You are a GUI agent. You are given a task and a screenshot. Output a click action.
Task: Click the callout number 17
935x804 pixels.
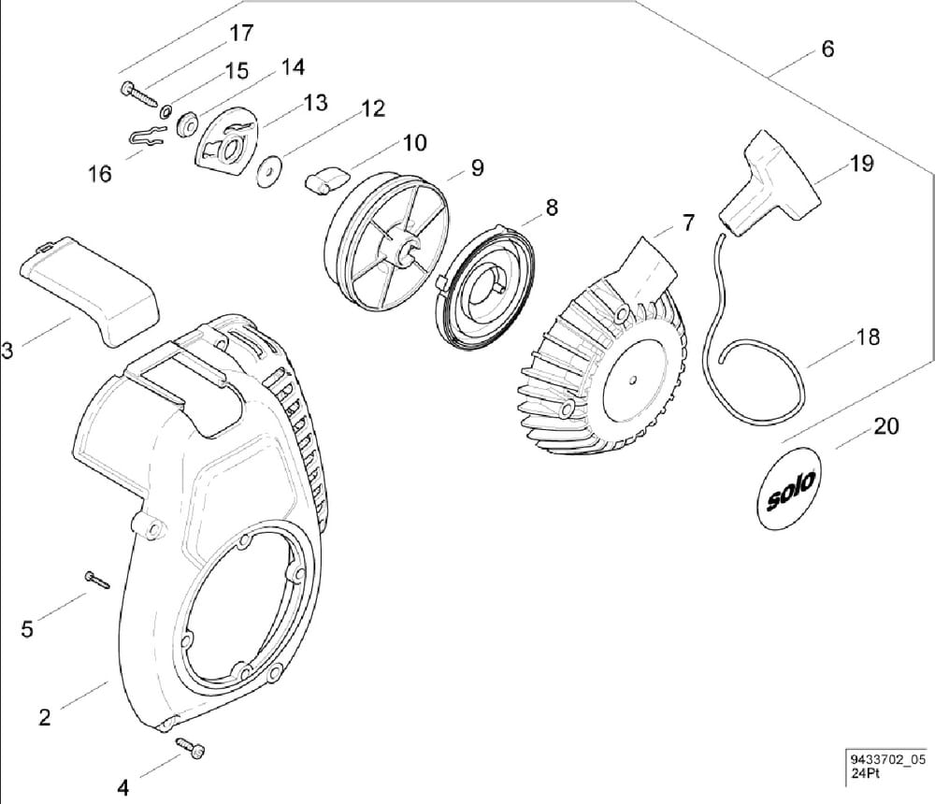coord(240,33)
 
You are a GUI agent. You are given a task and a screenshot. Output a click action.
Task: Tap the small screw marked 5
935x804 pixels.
coord(95,579)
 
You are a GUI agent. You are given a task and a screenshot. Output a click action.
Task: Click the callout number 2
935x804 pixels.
coord(44,717)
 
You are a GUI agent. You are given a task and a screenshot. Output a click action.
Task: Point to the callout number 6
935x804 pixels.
coord(827,49)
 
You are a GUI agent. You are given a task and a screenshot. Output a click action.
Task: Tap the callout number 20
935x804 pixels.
coord(885,426)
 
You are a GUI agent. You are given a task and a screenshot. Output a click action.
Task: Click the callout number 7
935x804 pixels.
coord(688,223)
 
